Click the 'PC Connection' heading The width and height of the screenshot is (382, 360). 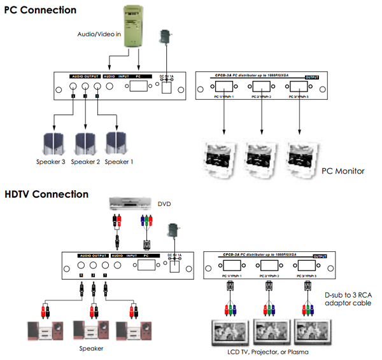(x=40, y=10)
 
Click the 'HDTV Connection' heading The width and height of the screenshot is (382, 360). (x=46, y=194)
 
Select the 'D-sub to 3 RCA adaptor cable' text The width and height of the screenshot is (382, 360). (x=346, y=298)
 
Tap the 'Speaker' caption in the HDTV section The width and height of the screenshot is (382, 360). (x=88, y=348)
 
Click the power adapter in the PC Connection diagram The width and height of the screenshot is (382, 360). (x=167, y=38)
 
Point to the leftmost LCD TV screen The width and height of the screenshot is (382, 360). (x=227, y=333)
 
